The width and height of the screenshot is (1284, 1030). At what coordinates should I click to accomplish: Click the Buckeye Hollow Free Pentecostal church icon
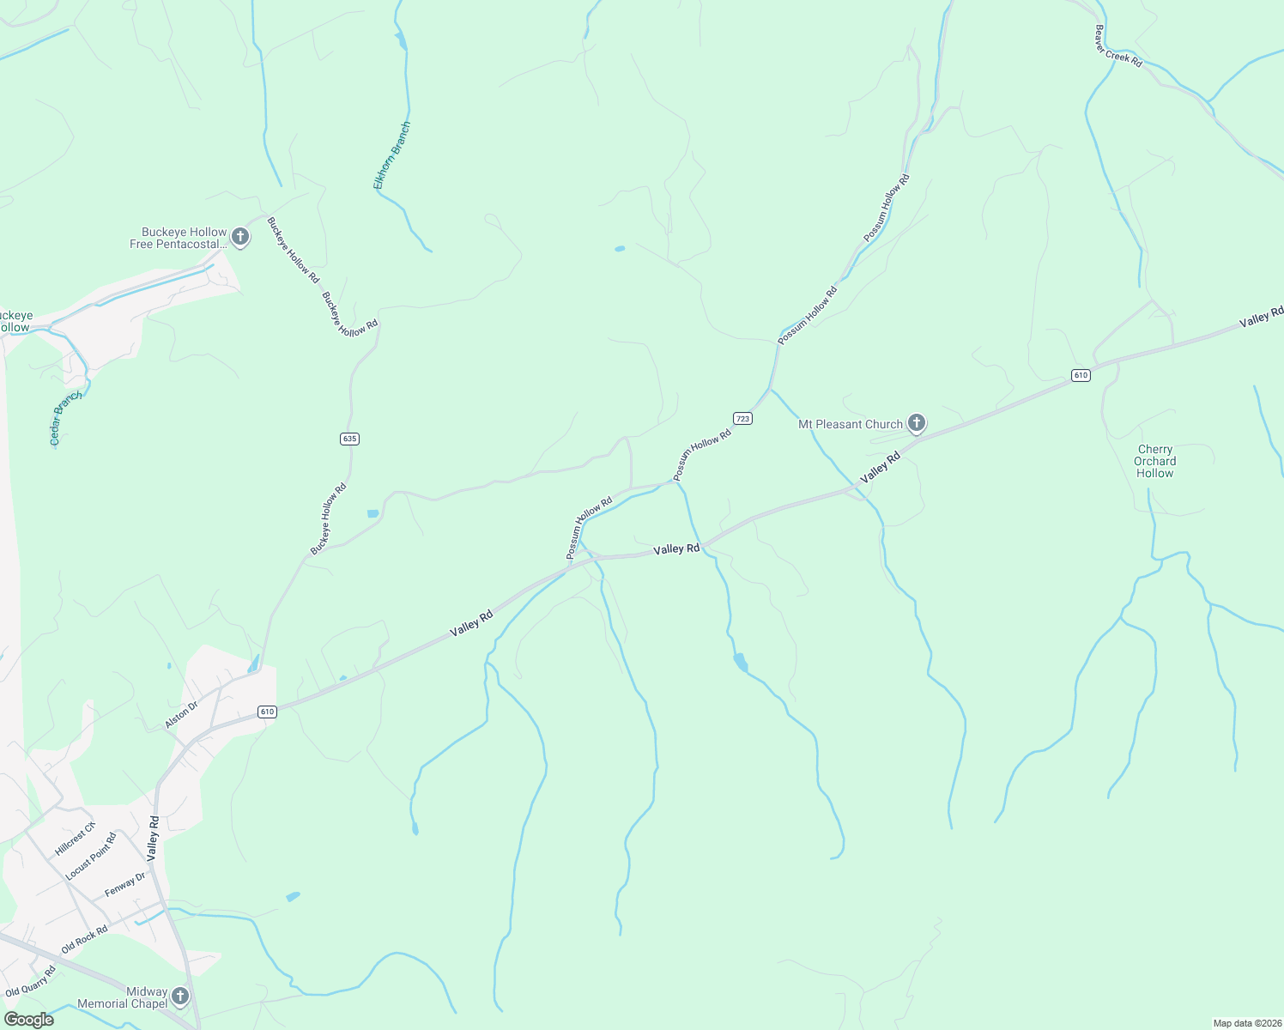(240, 238)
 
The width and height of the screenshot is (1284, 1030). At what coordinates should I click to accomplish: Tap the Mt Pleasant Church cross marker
(917, 423)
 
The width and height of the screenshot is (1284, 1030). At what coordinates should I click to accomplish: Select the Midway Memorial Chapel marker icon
(179, 996)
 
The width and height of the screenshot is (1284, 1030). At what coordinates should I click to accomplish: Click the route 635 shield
(349, 439)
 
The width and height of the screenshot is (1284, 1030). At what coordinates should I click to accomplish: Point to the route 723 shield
(743, 418)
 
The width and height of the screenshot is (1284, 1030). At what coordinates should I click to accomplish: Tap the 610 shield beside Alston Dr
(267, 712)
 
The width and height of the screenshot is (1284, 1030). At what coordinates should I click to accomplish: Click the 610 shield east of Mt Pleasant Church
(1081, 375)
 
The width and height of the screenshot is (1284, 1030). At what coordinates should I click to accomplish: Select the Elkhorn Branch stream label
(392, 155)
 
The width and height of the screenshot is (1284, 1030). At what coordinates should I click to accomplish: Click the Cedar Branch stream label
(65, 418)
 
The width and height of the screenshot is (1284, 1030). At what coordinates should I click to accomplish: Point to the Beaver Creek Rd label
(1117, 46)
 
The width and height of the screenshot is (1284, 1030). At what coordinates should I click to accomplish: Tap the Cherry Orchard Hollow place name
(1155, 461)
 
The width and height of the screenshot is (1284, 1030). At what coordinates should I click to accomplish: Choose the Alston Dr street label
(181, 715)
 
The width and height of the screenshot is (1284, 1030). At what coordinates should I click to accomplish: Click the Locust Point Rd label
(91, 857)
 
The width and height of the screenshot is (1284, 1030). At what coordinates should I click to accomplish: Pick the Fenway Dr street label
(125, 884)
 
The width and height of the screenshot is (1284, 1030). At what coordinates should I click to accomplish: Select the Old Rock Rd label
(84, 940)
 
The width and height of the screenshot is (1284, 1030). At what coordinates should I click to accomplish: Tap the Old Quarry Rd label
(30, 981)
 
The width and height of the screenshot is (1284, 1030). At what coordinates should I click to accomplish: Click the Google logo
(29, 1020)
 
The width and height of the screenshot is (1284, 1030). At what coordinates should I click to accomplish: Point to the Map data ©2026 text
(1246, 1023)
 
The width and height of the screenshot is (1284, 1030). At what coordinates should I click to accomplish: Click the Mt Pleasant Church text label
(851, 424)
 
